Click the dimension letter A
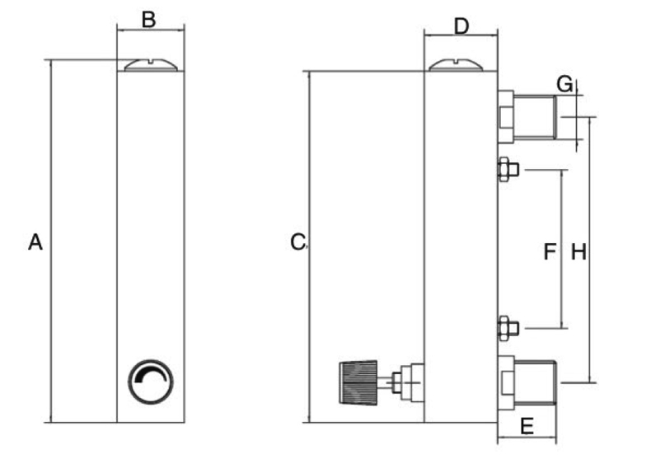click(35, 242)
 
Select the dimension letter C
click(299, 242)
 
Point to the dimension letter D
click(461, 26)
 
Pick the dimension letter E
click(527, 426)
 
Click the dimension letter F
click(550, 252)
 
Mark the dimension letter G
click(564, 83)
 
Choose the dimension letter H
click(578, 252)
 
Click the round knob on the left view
click(152, 382)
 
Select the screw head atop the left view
click(151, 64)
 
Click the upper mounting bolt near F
click(507, 170)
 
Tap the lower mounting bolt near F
click(507, 328)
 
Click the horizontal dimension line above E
click(527, 442)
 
